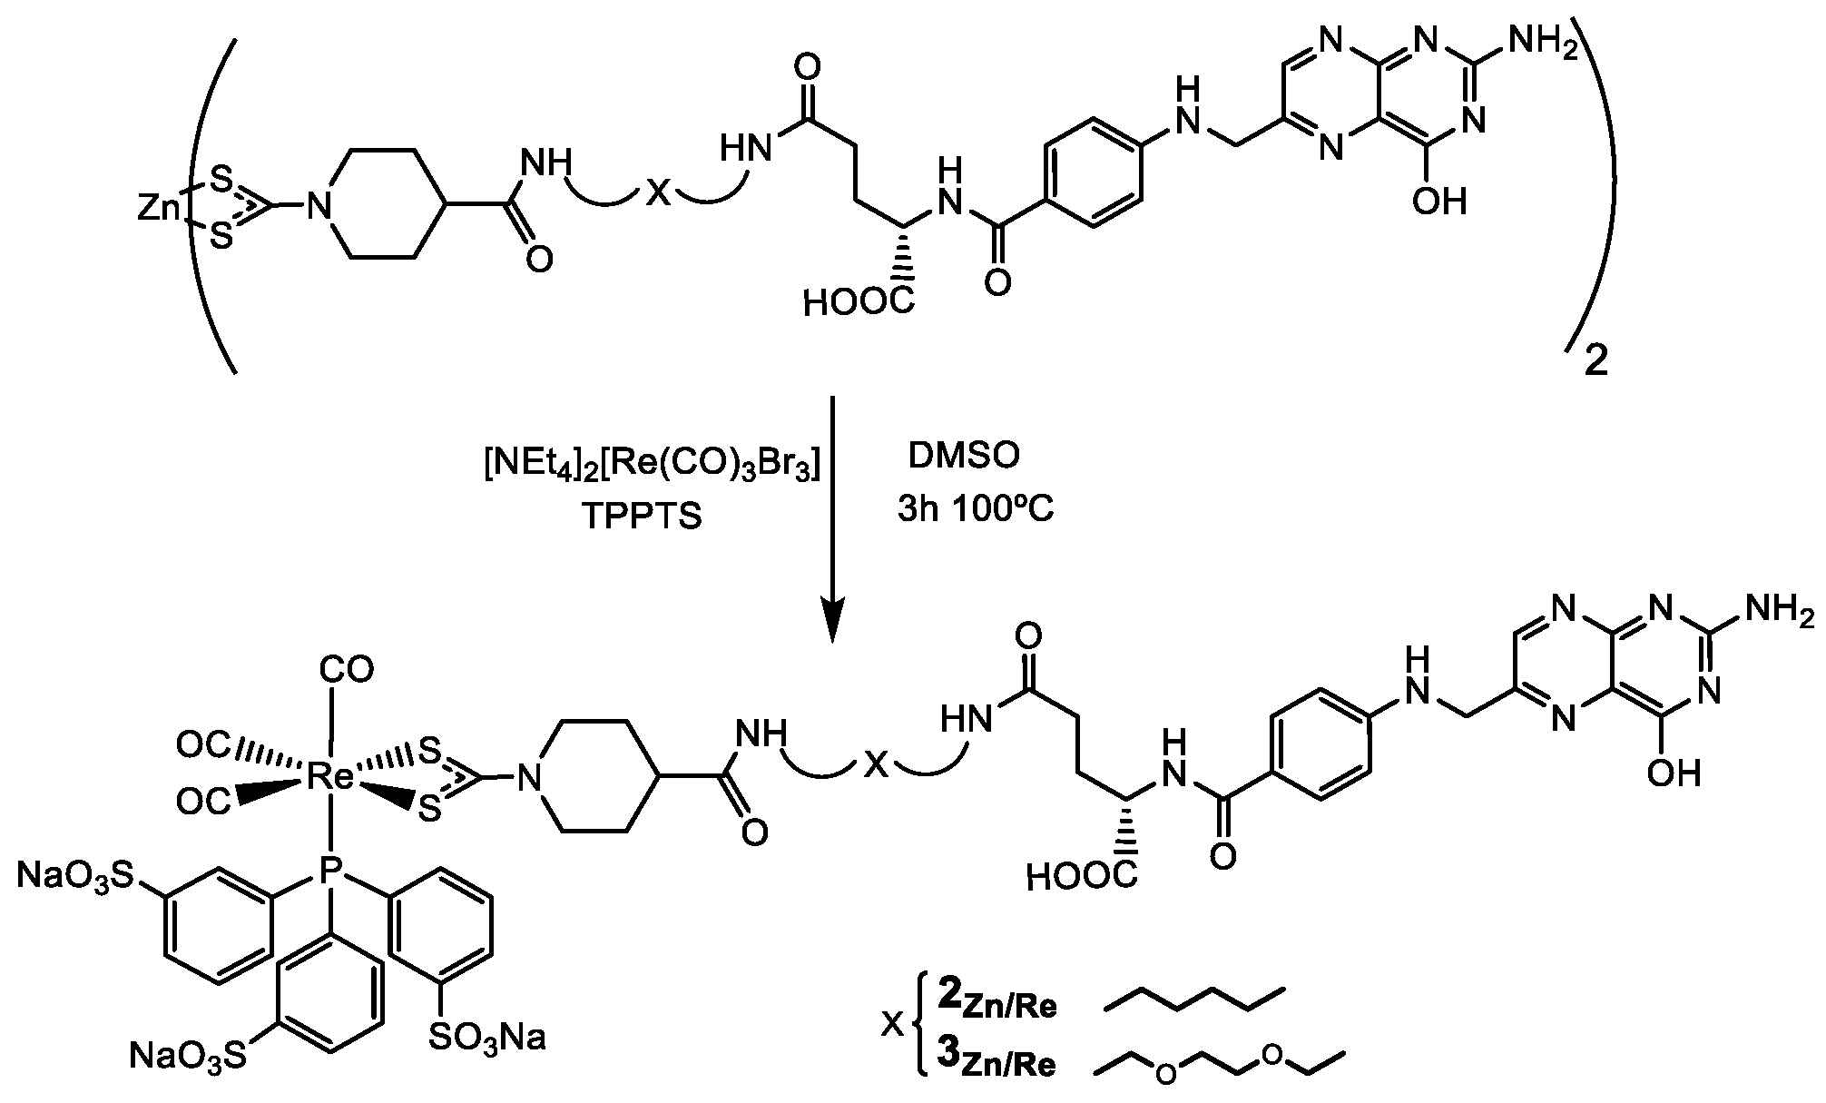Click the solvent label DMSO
click(964, 456)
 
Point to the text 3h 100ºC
click(976, 510)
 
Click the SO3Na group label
click(486, 1036)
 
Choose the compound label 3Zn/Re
click(996, 1060)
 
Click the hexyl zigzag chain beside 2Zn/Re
click(1194, 998)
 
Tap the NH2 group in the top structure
click(1541, 44)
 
